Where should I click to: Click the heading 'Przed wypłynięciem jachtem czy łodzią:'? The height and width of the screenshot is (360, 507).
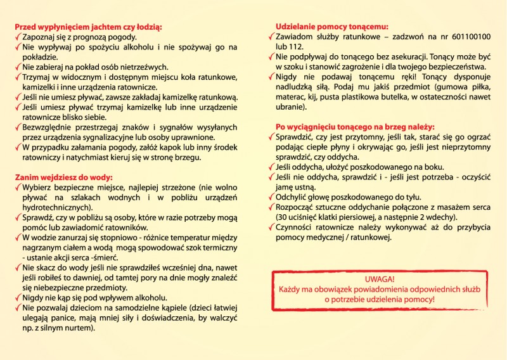88,27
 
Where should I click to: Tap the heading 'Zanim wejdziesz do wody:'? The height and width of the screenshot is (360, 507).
64,177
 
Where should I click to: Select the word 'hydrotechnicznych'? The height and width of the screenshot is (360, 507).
56,208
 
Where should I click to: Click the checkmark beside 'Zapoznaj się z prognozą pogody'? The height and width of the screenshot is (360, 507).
18,37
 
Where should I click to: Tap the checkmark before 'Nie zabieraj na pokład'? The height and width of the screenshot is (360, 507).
18,67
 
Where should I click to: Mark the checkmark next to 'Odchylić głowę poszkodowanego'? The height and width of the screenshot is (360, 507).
271,196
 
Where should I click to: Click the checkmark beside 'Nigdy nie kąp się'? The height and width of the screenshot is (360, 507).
18,297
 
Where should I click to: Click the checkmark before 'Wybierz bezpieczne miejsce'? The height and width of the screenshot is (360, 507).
18,188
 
